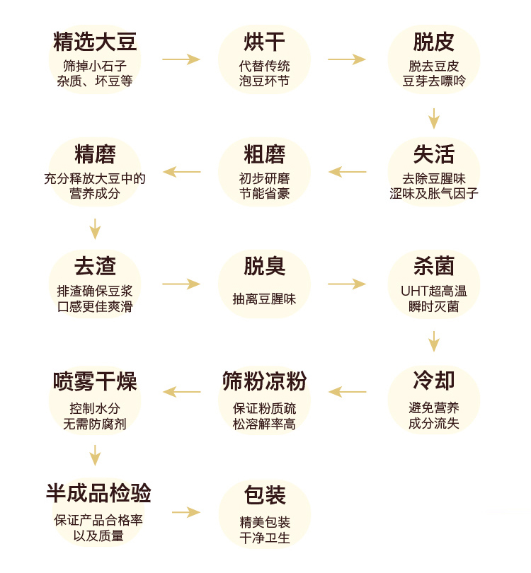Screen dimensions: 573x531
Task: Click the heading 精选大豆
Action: [x=95, y=42]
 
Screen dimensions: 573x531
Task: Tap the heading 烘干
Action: [x=264, y=42]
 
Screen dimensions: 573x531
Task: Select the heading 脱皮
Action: [x=433, y=42]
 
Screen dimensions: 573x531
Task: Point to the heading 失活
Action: [x=433, y=154]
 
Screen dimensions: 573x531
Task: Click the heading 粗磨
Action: [x=264, y=154]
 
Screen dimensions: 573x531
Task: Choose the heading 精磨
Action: [x=95, y=154]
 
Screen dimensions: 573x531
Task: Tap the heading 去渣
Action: [x=95, y=267]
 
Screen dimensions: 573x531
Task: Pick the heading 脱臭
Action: [x=264, y=267]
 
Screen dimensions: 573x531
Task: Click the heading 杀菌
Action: [x=433, y=267]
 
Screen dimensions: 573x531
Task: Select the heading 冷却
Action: [x=433, y=381]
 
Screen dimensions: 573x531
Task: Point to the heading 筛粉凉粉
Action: [x=264, y=381]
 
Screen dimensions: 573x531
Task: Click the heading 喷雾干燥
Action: [x=95, y=381]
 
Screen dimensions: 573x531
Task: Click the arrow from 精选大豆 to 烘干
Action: [x=181, y=59]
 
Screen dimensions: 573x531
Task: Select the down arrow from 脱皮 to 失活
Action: [x=433, y=117]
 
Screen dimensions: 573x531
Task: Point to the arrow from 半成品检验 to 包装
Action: [x=185, y=512]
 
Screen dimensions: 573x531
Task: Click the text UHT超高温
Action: [x=433, y=291]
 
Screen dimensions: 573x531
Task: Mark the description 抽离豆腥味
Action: [x=264, y=299]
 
